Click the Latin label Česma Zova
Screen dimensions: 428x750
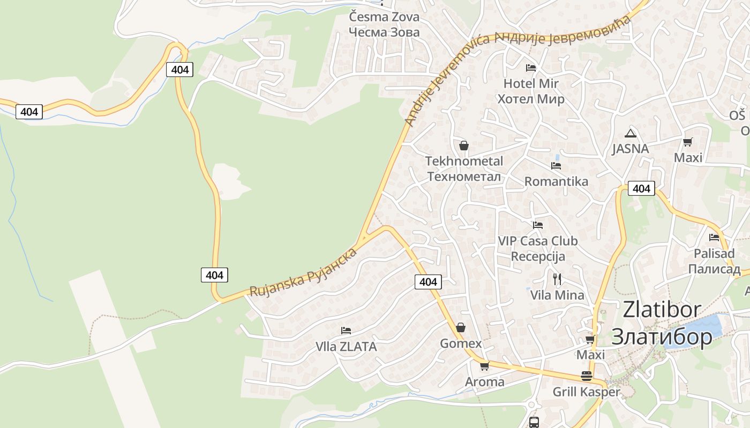(x=384, y=17)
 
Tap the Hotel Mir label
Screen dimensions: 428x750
(x=530, y=83)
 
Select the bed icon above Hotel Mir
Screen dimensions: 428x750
(x=530, y=68)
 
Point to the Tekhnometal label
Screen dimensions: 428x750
(x=464, y=161)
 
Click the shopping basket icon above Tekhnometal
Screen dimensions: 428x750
(x=464, y=146)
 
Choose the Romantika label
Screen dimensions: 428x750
(x=556, y=181)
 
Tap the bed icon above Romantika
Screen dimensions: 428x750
(x=556, y=166)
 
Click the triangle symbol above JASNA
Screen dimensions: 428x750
(x=630, y=133)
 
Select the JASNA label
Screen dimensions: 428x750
(x=630, y=149)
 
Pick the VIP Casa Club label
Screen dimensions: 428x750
(x=538, y=241)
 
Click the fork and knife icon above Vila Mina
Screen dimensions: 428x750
(x=557, y=279)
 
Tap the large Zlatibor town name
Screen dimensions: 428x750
(x=662, y=310)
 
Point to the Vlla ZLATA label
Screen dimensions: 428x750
(x=346, y=347)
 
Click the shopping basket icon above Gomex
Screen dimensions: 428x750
(x=461, y=327)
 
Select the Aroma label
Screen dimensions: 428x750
(x=484, y=381)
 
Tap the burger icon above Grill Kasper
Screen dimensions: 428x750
(x=586, y=376)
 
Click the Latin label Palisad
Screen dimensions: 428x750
(x=714, y=253)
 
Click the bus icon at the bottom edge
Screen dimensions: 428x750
(x=534, y=422)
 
